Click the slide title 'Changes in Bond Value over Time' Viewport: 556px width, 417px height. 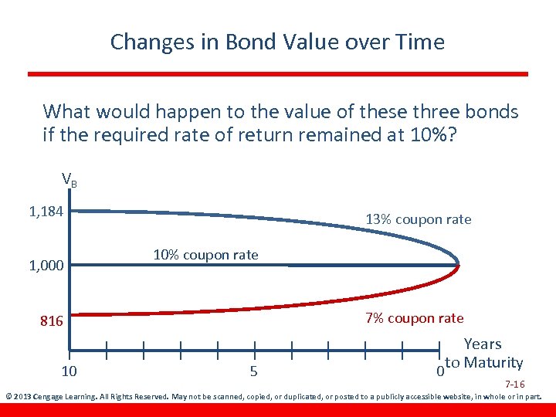coord(277,42)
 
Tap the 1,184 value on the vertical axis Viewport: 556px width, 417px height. coord(46,211)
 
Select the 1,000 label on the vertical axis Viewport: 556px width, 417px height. coord(46,266)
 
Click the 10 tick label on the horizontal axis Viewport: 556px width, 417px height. coord(69,371)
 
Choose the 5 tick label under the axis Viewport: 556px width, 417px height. coord(254,371)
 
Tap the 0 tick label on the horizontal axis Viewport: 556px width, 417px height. coord(439,371)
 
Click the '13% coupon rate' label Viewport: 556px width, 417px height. coord(418,219)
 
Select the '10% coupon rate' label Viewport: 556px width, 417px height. coord(205,255)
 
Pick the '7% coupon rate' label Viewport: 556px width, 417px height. coord(414,318)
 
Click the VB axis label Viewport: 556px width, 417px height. coord(69,181)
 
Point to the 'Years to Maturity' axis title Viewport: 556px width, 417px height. coord(483,354)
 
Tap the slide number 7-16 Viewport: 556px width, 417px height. coord(515,384)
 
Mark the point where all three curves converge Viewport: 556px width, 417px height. coord(459,265)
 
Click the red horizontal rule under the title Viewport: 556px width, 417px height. coord(278,74)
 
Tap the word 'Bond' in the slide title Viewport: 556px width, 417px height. coord(250,42)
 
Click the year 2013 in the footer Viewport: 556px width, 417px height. coord(22,398)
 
